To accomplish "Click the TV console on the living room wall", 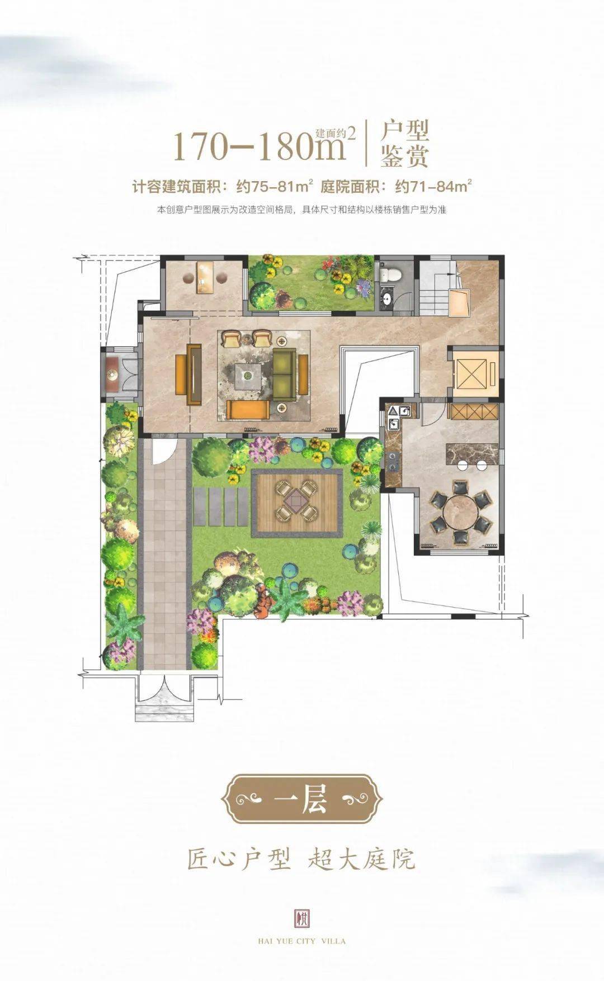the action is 195,374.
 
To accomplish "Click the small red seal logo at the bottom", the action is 302,918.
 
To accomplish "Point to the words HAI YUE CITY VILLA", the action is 302,941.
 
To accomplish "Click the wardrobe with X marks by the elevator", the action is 474,411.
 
